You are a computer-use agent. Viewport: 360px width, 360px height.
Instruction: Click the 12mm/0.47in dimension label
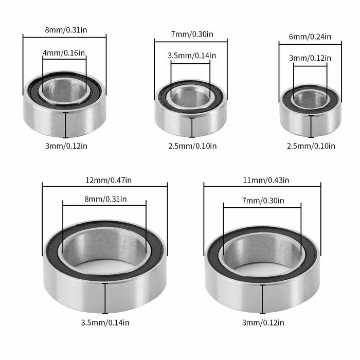click(x=105, y=180)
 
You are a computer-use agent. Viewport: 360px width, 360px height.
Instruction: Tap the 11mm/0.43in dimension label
click(x=262, y=180)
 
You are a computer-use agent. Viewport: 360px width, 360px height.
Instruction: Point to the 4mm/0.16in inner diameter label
click(x=64, y=52)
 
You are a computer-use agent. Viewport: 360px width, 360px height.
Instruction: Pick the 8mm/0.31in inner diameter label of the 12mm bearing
click(x=104, y=199)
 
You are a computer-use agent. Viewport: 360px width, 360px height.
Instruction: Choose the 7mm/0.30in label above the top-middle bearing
click(x=191, y=34)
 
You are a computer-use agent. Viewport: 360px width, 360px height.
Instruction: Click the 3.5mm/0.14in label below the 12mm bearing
click(x=105, y=322)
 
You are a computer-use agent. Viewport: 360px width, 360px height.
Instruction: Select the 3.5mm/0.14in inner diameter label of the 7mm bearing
click(x=191, y=56)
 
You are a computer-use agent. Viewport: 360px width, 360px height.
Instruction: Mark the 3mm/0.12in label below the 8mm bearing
click(x=66, y=146)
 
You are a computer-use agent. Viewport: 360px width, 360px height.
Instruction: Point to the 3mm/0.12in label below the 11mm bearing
click(x=263, y=322)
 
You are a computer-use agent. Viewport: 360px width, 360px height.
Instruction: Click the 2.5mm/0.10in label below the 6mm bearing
click(x=311, y=146)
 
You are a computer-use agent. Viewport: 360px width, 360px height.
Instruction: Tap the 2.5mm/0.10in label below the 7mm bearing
click(x=192, y=146)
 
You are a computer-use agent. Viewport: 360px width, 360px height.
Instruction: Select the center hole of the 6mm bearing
click(x=310, y=99)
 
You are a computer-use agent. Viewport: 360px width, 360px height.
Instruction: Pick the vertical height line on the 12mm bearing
click(x=105, y=298)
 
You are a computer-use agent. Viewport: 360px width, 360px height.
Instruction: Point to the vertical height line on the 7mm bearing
click(x=192, y=127)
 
